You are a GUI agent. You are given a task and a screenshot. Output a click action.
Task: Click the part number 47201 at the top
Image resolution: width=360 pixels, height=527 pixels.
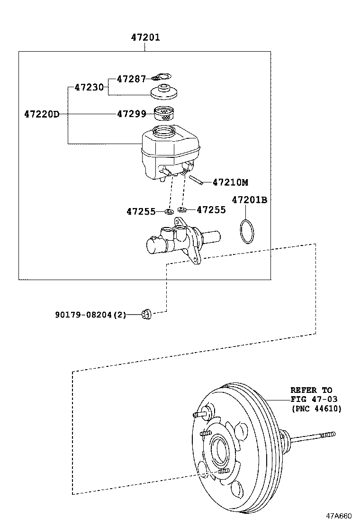[x=145, y=37]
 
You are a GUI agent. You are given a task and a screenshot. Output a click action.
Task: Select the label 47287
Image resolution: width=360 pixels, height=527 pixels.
[x=131, y=79]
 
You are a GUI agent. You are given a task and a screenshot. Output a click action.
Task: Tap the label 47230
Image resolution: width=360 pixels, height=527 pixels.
[x=89, y=88]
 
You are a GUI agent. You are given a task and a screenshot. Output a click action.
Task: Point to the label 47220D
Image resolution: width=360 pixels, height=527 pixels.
[x=41, y=114]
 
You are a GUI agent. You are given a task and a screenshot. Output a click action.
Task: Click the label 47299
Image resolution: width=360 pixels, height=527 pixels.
[x=131, y=114]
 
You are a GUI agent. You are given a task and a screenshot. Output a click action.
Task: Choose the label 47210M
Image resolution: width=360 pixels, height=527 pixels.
[x=230, y=182]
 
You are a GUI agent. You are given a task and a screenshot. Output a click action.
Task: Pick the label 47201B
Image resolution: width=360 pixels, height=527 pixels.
[x=249, y=200]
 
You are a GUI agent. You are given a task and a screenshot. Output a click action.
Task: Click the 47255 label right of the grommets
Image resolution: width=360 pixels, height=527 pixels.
[x=211, y=209]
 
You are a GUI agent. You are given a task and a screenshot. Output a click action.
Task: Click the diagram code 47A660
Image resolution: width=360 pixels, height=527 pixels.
[x=339, y=516]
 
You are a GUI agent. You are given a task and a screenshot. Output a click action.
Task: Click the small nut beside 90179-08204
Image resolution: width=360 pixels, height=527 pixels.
[x=146, y=313]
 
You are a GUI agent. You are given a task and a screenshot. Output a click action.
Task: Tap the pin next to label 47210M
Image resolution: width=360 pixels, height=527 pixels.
[x=197, y=180]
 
